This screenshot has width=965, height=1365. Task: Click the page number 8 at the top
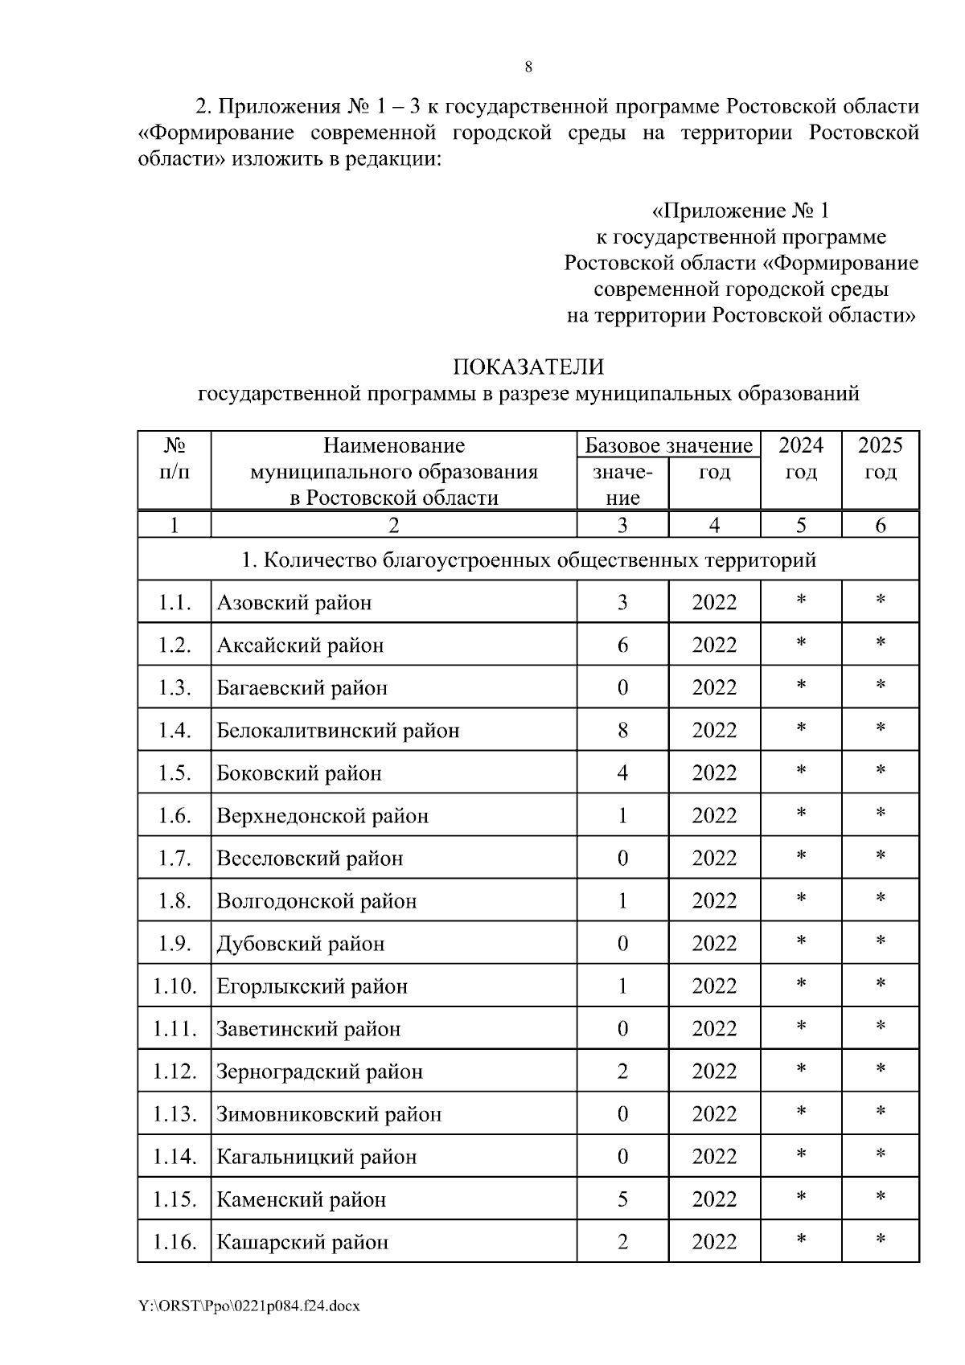point(528,68)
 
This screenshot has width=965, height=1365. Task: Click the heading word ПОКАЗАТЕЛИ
point(528,367)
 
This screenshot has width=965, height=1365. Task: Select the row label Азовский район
point(294,603)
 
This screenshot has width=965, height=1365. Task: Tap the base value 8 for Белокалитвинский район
point(622,731)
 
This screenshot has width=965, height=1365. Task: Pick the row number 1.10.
point(175,986)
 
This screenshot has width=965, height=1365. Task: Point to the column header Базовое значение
point(668,445)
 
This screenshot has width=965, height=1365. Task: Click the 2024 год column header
point(801,458)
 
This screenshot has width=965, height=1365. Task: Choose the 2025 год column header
point(881,458)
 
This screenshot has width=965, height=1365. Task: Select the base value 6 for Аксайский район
point(622,646)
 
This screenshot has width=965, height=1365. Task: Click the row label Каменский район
point(302,1200)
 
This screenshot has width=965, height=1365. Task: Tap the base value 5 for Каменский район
point(622,1200)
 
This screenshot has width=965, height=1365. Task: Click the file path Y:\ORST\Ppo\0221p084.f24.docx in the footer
point(249,1306)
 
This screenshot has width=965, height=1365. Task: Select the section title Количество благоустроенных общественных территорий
point(528,560)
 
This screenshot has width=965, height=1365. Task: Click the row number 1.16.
point(175,1243)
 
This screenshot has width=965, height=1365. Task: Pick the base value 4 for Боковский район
point(622,773)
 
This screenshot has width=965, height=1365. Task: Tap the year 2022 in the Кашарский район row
point(714,1243)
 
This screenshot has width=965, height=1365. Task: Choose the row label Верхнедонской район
point(322,817)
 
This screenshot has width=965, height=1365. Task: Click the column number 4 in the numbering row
point(714,526)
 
